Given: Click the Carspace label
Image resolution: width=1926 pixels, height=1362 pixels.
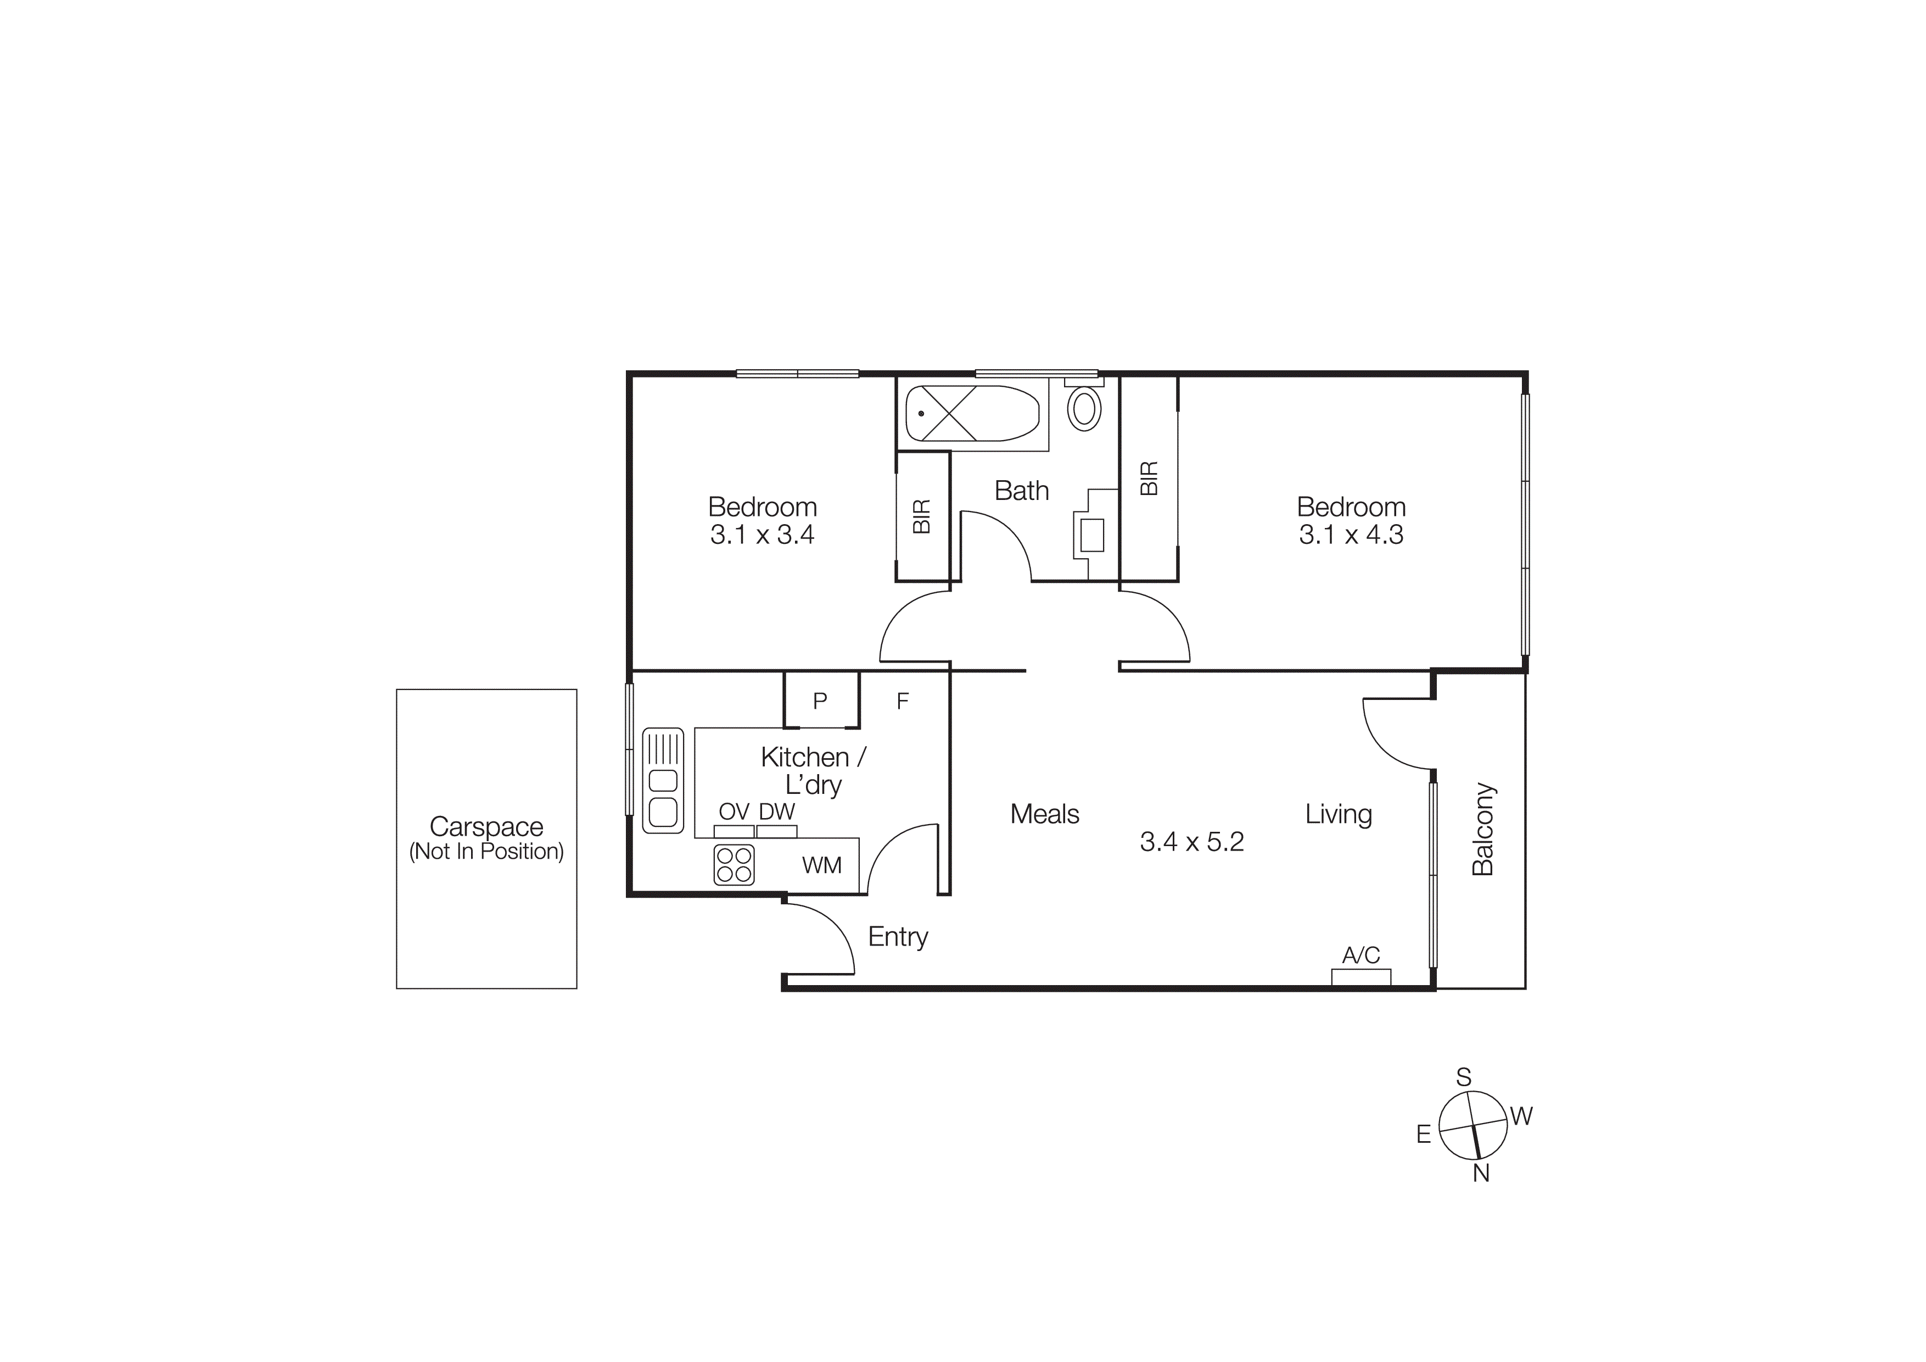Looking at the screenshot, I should point(486,827).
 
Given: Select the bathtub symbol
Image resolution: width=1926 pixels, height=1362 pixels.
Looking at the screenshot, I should point(972,413).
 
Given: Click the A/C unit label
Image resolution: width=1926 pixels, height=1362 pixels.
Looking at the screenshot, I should point(1360,955).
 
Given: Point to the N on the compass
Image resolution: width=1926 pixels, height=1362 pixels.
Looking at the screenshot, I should point(1481,1174).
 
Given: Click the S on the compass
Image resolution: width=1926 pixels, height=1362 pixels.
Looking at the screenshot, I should point(1464,1077).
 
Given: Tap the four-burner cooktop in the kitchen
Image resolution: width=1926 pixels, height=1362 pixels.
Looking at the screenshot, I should point(734,865).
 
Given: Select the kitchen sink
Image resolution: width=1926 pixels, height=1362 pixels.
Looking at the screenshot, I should point(663,780).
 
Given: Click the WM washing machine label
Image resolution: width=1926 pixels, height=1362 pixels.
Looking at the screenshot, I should point(821,865).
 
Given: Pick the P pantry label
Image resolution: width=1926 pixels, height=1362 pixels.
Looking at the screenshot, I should point(820,701).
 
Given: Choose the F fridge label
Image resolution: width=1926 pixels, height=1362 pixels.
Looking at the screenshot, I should point(903,701).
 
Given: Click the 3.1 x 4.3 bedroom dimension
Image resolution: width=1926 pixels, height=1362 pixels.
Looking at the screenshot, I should point(1351,535).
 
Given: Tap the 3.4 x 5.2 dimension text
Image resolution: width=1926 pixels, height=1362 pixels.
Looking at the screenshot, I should point(1191,842).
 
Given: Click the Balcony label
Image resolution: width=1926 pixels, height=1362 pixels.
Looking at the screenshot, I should point(1483,829).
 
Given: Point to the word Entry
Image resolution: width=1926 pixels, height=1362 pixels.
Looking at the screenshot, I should point(898,937).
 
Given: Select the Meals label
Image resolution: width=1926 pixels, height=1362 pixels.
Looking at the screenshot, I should point(1044,814).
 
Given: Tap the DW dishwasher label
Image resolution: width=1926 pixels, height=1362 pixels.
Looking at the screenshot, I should point(777,811).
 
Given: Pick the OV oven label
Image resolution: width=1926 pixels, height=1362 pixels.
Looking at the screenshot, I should point(734,811).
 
